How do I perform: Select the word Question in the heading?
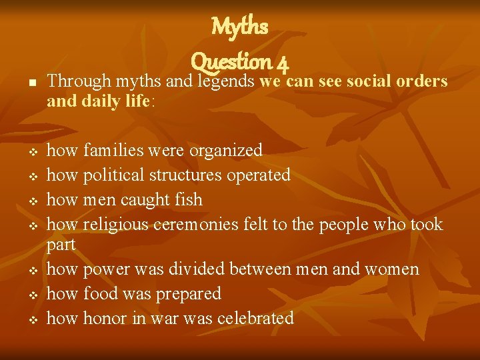[x=231, y=63]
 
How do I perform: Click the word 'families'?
[x=115, y=151]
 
